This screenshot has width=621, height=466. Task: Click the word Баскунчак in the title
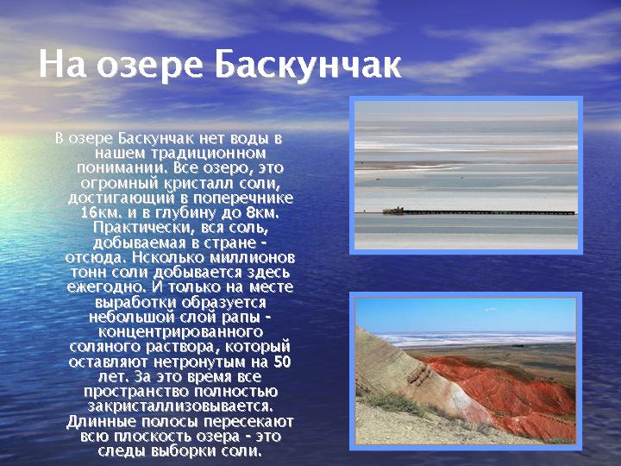pyautogui.click(x=308, y=65)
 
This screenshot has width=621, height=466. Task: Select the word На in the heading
pyautogui.click(x=62, y=65)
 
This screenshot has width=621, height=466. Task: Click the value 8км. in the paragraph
pyautogui.click(x=262, y=213)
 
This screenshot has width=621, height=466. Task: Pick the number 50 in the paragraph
pyautogui.click(x=282, y=362)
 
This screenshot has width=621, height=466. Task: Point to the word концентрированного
pyautogui.click(x=180, y=331)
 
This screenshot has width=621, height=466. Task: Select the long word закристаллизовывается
pyautogui.click(x=180, y=406)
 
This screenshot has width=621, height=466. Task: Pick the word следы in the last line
pyautogui.click(x=119, y=451)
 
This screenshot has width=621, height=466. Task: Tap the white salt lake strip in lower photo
pyautogui.click(x=475, y=338)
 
